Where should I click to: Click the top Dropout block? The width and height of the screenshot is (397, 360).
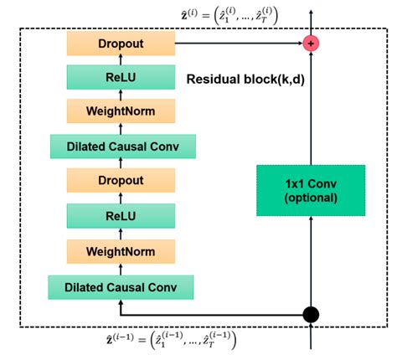pos(121,42)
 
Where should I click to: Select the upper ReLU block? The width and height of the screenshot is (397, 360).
pos(121,77)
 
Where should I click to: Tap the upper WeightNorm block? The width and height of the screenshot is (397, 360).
pos(121,111)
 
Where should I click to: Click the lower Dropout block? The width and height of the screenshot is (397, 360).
pos(121,180)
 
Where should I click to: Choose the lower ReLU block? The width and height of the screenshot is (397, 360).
pos(121,215)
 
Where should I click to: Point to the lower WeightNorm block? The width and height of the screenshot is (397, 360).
pos(121,249)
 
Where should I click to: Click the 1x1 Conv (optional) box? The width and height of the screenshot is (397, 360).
pos(311,189)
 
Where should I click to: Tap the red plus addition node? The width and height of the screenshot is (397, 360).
pos(311,42)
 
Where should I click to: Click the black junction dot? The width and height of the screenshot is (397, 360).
pos(311,315)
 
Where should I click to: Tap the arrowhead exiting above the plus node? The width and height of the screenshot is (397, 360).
pos(311,13)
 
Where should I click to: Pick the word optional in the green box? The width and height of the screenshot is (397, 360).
pos(311,198)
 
